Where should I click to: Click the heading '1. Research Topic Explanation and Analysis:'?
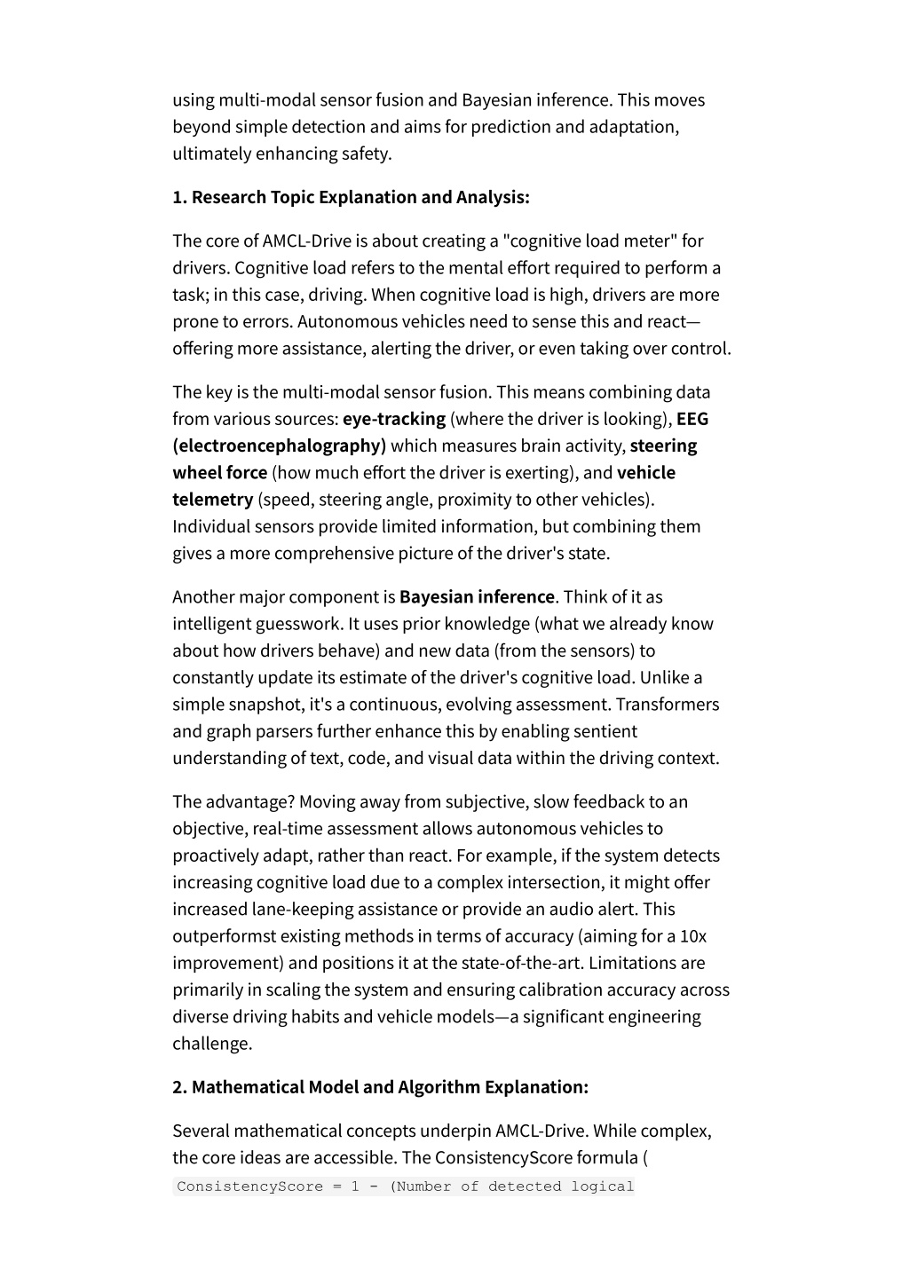pos(351,197)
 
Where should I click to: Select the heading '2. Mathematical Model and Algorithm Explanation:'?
pos(380,1087)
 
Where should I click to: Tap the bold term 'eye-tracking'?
pos(394,419)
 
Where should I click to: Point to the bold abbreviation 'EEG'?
pos(692,419)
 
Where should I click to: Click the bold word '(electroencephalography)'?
pos(280,445)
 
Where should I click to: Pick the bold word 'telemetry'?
pos(213,500)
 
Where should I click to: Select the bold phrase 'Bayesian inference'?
pos(477,597)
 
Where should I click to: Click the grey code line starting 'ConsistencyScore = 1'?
pos(405,1186)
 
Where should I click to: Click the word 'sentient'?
pos(604,731)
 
